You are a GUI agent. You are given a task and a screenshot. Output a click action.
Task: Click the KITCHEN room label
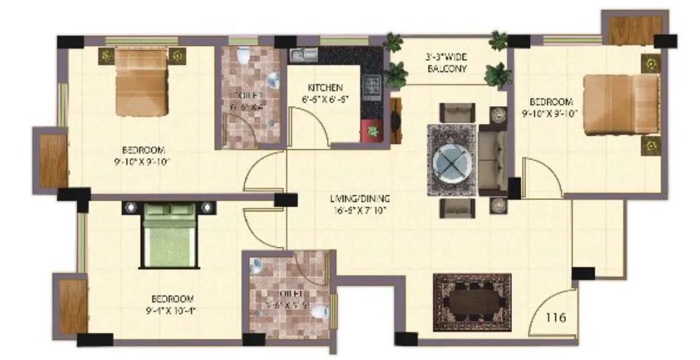(325, 88)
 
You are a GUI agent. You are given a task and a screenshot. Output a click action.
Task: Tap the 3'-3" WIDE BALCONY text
(447, 63)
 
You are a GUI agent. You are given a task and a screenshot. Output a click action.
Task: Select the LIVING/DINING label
(360, 199)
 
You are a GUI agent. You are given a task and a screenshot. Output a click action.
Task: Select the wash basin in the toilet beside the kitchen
(273, 81)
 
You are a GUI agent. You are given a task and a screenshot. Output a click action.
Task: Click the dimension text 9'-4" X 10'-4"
(172, 310)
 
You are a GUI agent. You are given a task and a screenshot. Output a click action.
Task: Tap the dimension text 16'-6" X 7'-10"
(360, 211)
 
